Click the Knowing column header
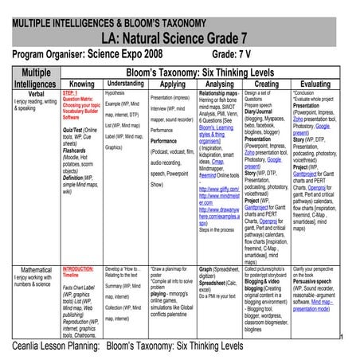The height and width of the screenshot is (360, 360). (82, 83)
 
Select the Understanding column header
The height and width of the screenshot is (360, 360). (125, 82)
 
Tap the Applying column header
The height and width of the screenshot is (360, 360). (173, 83)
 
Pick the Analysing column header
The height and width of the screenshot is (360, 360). (219, 83)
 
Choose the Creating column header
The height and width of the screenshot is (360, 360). (267, 83)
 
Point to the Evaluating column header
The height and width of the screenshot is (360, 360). (315, 83)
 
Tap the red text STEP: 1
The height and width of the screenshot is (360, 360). (71, 92)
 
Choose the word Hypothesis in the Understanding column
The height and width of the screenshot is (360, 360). (115, 92)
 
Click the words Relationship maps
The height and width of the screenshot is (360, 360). (217, 92)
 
